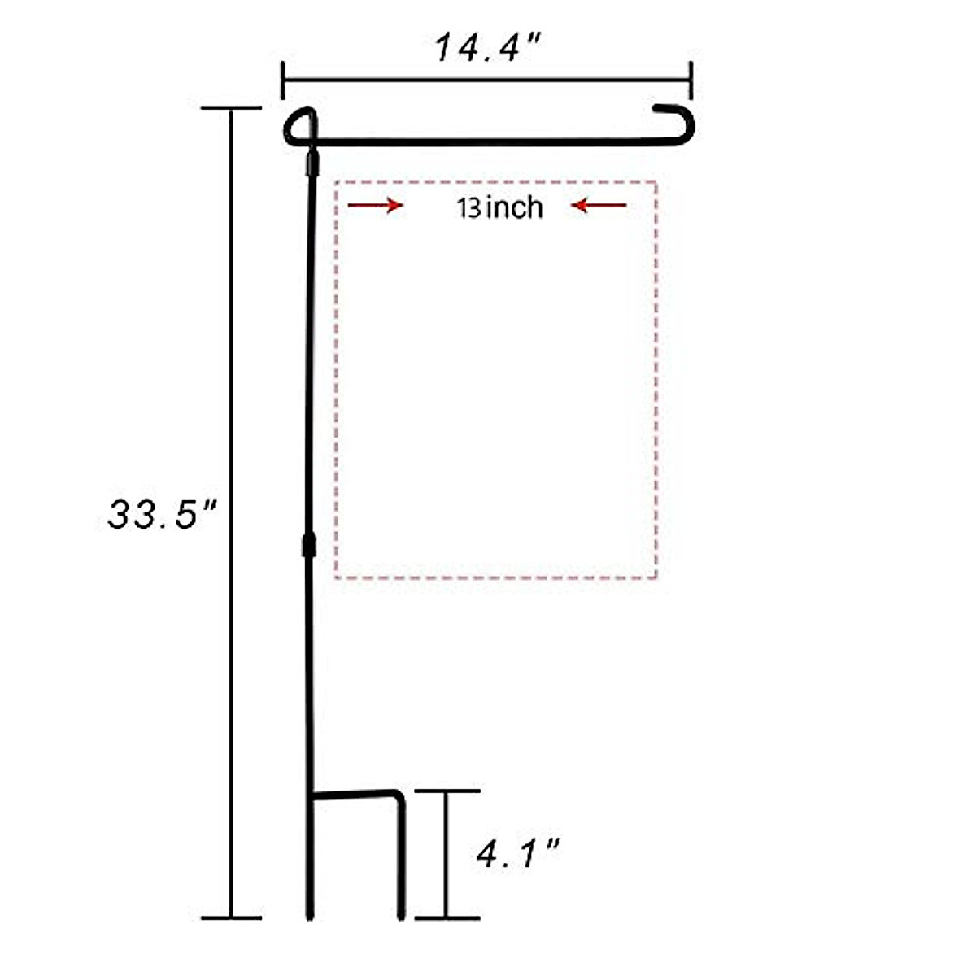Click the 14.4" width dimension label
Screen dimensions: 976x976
point(487,49)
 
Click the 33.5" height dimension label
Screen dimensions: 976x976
point(163,515)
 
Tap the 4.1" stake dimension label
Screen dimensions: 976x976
point(518,855)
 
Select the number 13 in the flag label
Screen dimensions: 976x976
point(469,208)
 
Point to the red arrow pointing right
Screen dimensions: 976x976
point(375,206)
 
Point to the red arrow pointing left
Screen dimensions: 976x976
point(599,206)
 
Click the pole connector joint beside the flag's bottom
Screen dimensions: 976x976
point(308,545)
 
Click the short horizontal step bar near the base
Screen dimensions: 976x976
point(355,794)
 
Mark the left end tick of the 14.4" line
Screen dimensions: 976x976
point(283,80)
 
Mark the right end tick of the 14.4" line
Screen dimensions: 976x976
point(691,80)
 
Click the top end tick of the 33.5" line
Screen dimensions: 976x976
point(231,107)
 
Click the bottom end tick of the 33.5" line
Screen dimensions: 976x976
point(231,918)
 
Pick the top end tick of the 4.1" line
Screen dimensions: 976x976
point(447,791)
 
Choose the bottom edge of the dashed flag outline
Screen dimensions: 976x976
point(496,578)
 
